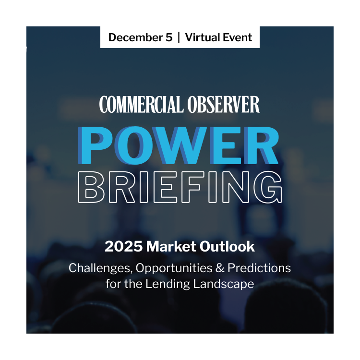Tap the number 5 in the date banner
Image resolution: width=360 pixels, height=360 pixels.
click(168, 37)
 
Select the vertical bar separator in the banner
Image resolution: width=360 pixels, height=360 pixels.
click(179, 37)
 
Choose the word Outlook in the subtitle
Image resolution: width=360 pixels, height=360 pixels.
click(225, 247)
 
